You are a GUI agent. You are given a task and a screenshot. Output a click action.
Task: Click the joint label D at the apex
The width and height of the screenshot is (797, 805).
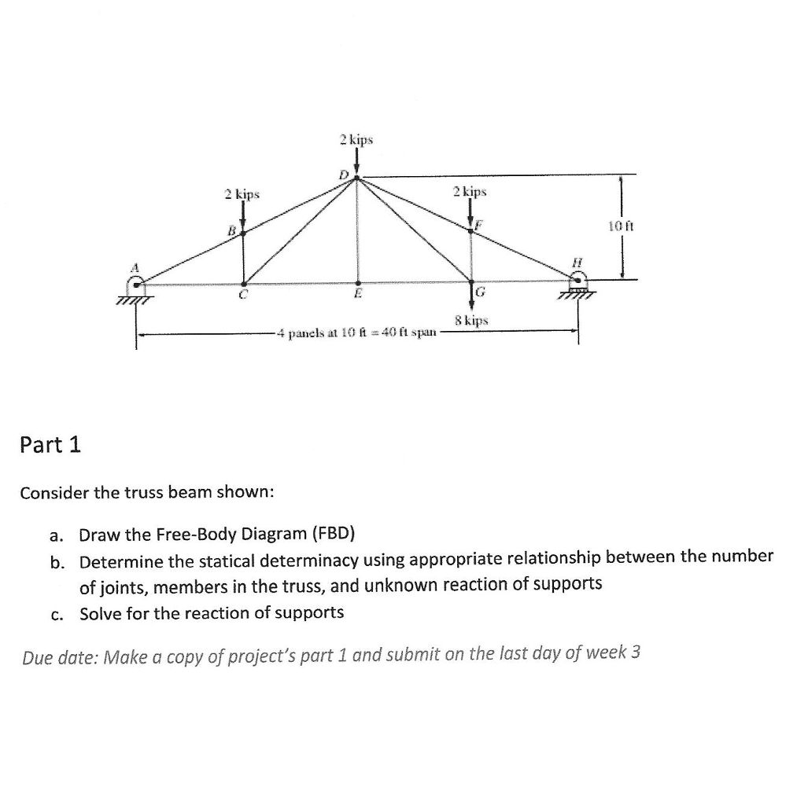point(342,173)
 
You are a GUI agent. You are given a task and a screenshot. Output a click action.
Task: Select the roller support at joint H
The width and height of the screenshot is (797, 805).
point(579,283)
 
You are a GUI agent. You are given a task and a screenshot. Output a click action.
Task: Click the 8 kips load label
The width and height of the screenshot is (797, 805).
point(471,321)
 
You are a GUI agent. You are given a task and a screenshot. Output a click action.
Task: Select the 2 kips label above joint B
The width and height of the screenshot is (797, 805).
point(241,193)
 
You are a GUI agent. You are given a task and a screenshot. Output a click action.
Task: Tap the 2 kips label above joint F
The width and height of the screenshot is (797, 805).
point(470,191)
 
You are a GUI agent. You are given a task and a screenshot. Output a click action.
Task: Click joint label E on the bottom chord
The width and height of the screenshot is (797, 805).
point(357,296)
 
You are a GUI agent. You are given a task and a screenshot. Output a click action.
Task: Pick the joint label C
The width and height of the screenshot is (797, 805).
point(244,296)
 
